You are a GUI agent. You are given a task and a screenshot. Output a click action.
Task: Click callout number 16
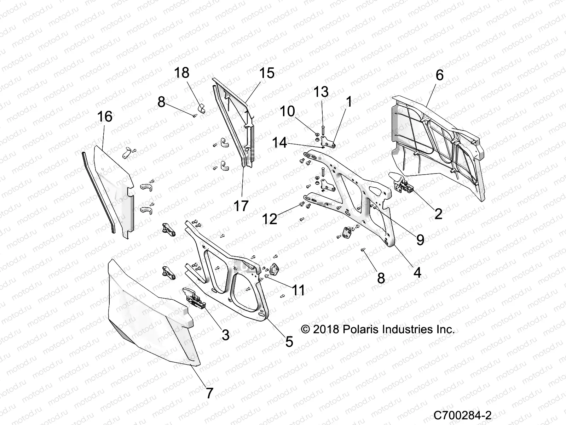pos(105,117)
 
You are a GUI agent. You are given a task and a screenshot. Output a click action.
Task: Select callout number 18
pos(182,73)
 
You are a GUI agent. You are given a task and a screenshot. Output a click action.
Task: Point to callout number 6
pos(439,75)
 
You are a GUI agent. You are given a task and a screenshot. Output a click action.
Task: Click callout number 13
pos(322,92)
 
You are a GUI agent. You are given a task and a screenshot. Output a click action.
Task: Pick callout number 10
pos(287,111)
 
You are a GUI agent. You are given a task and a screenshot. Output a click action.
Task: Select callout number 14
pos(280,143)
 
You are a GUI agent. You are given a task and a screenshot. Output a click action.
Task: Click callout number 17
pos(241,206)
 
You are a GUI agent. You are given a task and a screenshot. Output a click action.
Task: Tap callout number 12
pos(270,219)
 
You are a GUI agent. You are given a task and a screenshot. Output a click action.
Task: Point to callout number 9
pos(420,240)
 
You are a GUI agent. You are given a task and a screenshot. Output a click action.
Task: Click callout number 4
pos(417,272)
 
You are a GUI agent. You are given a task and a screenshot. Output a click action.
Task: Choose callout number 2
pos(438,214)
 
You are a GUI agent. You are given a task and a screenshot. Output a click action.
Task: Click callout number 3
pos(226,335)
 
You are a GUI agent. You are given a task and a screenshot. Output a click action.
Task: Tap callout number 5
pos(289,342)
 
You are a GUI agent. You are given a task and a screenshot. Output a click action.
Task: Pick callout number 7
pos(209,393)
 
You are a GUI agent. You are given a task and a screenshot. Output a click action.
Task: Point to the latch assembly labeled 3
pos(194,299)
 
